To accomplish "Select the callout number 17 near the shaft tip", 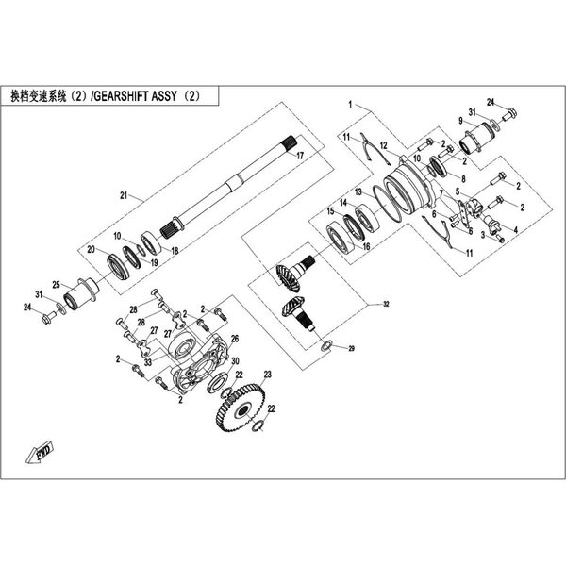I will [x=299, y=155].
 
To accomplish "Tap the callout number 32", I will [x=385, y=306].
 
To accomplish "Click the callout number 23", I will [x=268, y=375].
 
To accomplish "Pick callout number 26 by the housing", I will [x=236, y=338].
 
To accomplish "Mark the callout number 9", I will [x=460, y=122].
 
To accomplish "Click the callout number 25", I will [x=56, y=285].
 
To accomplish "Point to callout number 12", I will [x=380, y=185].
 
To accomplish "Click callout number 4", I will [x=518, y=228].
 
